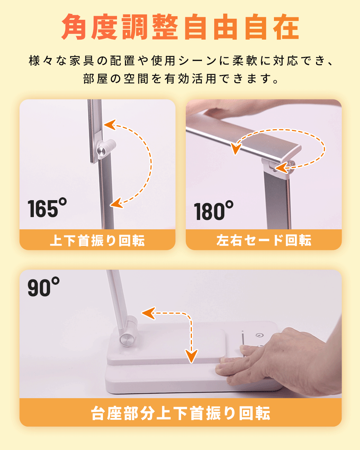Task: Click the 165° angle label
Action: point(47,207)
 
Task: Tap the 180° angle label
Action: point(213,210)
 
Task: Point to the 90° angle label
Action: point(44,287)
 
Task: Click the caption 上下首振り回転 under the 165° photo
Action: point(97,240)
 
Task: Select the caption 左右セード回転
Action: point(264,240)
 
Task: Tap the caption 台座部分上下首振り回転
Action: point(180,413)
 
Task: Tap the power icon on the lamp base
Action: point(259,336)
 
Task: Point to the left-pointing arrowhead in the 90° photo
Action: point(149,313)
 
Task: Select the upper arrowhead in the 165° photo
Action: point(110,125)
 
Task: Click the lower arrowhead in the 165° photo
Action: point(116,203)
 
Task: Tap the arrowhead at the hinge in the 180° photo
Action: point(282,167)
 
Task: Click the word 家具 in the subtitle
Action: point(82,61)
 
